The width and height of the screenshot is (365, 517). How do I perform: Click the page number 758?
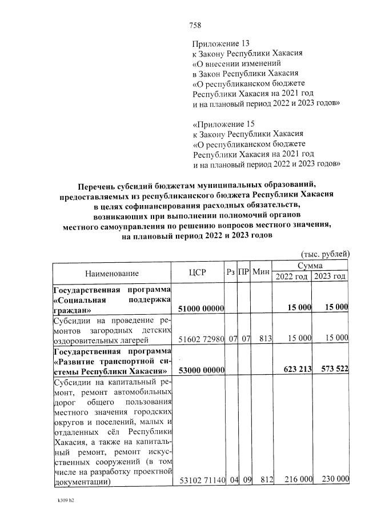195,25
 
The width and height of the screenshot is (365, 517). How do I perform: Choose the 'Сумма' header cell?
310,266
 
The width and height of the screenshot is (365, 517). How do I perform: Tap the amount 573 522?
332,370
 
